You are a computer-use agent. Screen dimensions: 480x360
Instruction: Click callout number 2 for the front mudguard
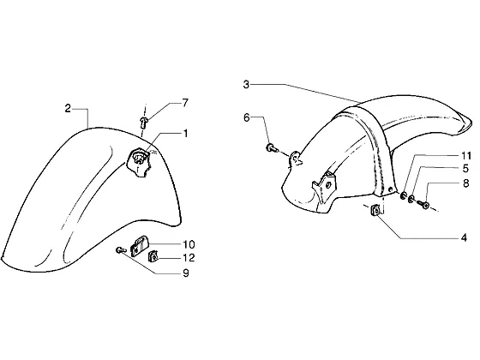coord(68,108)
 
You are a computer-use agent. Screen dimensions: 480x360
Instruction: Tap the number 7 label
coord(185,103)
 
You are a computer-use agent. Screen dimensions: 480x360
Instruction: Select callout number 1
coord(185,134)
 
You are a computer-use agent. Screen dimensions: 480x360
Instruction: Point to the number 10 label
coord(189,244)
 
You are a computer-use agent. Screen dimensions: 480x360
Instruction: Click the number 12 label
coord(189,258)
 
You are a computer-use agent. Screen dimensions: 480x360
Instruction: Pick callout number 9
coord(186,273)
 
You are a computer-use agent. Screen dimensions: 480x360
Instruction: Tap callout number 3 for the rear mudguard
coord(247,85)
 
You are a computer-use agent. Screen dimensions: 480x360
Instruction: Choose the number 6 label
coord(247,117)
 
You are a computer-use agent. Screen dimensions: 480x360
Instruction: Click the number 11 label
coord(466,156)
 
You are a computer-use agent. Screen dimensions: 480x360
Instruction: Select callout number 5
coord(465,168)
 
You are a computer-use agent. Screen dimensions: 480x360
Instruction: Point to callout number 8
coord(466,183)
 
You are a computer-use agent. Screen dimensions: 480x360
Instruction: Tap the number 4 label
coord(464,237)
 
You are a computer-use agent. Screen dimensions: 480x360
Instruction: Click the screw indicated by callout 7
coord(143,122)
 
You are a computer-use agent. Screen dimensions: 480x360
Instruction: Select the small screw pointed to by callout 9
coord(121,250)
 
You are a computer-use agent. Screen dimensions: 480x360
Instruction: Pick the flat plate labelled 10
coord(139,245)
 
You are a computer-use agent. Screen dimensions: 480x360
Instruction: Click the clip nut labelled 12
coord(153,256)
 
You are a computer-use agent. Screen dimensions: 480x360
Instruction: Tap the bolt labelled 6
coord(272,148)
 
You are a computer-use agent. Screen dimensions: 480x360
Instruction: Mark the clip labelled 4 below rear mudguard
coord(375,210)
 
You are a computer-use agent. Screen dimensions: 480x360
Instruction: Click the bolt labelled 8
coord(423,204)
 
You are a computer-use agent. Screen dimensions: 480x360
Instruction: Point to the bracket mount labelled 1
coord(139,161)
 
